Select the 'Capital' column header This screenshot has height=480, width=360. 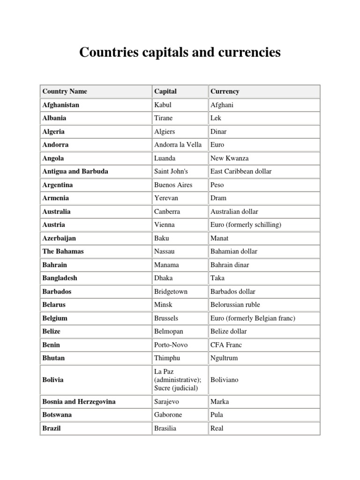coord(165,91)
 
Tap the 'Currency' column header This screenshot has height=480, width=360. coord(225,91)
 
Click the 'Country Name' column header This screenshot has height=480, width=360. coord(65,91)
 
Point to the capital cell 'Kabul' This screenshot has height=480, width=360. coord(163,105)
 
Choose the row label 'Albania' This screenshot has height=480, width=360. coord(54,118)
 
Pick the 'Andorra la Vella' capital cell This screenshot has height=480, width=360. coord(178,145)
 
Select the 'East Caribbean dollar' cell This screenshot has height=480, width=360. coord(241,172)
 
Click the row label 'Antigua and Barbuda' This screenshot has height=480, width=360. coord(75,172)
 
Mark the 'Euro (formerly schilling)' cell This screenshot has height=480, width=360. coord(246,225)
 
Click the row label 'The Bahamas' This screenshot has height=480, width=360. coord(63,251)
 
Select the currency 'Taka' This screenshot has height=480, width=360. coord(217,278)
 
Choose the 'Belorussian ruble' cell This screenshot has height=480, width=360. coord(235,305)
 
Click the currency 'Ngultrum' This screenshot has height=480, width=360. coord(225,358)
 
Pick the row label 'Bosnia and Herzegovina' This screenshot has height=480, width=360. coord(79,402)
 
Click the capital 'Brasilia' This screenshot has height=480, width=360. coord(165,428)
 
